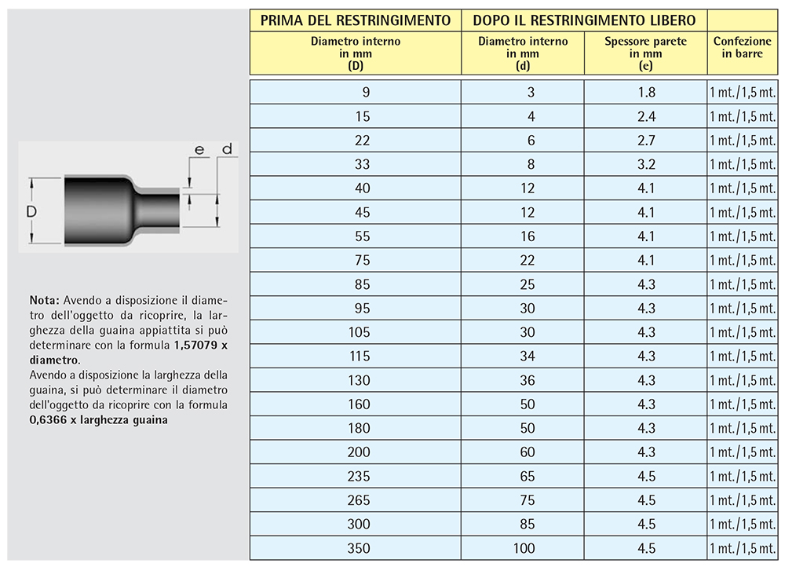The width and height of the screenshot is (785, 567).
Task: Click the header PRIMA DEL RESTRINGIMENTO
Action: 355,20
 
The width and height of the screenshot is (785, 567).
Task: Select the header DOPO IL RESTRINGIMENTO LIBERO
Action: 584,20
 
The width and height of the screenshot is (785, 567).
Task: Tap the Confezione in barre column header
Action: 743,47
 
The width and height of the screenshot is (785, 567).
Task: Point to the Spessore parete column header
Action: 645,47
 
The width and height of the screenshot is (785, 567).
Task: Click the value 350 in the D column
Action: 359,548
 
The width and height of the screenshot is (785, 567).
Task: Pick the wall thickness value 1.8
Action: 646,93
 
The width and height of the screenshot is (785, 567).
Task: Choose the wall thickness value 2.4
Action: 646,117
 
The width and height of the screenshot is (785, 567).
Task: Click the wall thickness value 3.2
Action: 646,165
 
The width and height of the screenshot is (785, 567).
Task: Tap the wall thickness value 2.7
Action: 646,141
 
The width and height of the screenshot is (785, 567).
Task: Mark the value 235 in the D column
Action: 359,476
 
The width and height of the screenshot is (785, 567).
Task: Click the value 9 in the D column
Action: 365,93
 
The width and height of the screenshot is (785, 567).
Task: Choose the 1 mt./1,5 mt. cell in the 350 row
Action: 743,548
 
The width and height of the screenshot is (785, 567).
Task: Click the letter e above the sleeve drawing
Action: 199,149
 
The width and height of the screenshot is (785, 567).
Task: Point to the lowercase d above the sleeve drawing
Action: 227,148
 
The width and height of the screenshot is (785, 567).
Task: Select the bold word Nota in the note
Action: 43,301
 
